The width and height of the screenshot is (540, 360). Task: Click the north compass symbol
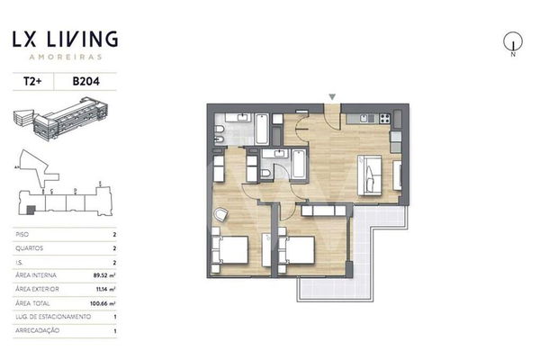(512, 41)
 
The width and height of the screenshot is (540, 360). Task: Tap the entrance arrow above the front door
(334, 96)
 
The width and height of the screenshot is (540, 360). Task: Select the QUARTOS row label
(30, 246)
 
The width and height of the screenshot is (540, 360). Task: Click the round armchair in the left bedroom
(221, 215)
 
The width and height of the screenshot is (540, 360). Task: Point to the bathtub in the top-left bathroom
(261, 129)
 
